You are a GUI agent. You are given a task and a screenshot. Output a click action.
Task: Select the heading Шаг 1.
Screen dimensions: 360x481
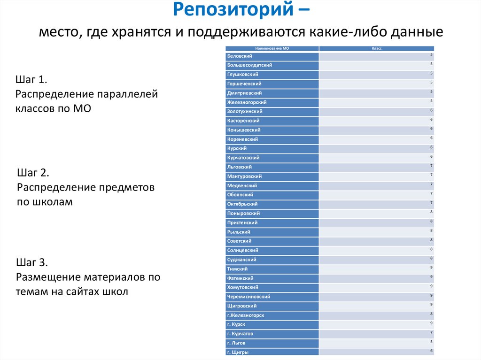tap(32, 79)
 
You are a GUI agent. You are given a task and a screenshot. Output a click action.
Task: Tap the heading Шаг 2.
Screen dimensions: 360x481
tap(33, 172)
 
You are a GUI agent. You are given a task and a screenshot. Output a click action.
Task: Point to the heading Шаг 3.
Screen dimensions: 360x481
tap(32, 262)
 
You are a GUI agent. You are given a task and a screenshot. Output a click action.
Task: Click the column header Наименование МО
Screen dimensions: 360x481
tap(272, 48)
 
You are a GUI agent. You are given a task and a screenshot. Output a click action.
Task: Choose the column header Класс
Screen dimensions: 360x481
tap(376, 48)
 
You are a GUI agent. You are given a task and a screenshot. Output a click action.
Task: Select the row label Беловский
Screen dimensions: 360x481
tap(240, 56)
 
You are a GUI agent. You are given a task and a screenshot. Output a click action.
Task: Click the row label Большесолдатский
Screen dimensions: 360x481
tap(249, 65)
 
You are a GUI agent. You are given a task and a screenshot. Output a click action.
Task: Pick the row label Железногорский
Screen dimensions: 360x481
tap(247, 102)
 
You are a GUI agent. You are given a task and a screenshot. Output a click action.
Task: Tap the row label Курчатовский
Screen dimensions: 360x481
tap(243, 158)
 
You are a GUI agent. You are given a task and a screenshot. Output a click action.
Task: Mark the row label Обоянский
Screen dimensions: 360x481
tap(240, 195)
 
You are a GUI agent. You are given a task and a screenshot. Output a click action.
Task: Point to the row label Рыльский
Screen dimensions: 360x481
tap(239, 232)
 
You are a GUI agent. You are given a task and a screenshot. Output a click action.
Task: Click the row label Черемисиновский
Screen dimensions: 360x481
tap(248, 297)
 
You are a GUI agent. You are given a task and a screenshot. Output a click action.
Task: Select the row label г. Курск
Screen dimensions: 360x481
tap(236, 324)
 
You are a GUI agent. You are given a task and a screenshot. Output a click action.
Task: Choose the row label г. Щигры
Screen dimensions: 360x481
tap(238, 352)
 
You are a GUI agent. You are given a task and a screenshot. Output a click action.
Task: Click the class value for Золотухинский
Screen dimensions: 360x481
tap(431, 110)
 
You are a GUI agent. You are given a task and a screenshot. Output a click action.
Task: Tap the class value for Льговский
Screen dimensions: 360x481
tap(431, 166)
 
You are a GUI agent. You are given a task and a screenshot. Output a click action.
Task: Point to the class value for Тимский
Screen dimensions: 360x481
tap(431, 268)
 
